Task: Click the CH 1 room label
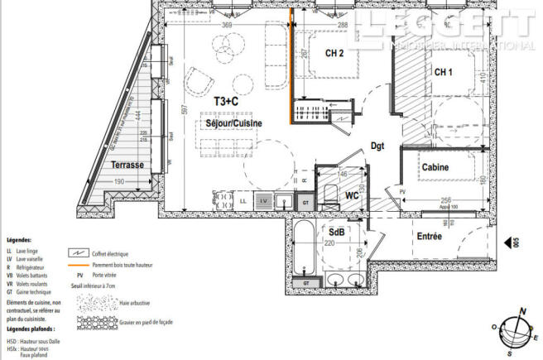pyautogui.click(x=444, y=72)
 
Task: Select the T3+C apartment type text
pyautogui.click(x=226, y=101)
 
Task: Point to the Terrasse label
pyautogui.click(x=128, y=166)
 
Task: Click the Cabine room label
pyautogui.click(x=435, y=168)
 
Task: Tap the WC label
pyautogui.click(x=351, y=196)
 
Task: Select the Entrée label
pyautogui.click(x=429, y=237)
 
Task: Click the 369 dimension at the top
pyautogui.click(x=226, y=25)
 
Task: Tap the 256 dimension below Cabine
pyautogui.click(x=445, y=200)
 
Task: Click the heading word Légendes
pyautogui.click(x=22, y=238)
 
